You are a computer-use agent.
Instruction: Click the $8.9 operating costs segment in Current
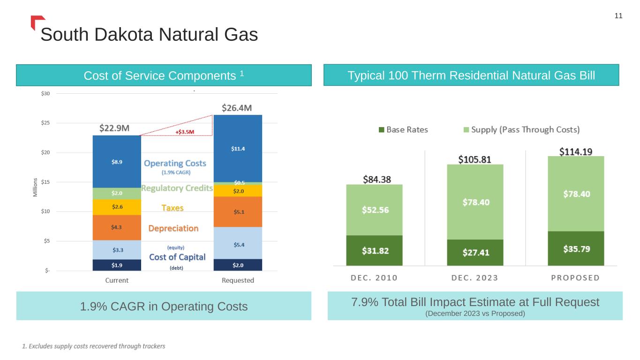click(x=117, y=161)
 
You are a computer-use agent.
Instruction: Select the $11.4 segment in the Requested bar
click(x=238, y=149)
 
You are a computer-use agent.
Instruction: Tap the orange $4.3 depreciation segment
click(x=117, y=227)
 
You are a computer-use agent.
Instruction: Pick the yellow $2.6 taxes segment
click(x=117, y=207)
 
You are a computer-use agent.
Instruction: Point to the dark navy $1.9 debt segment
click(x=117, y=265)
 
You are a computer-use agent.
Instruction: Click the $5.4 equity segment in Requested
click(x=238, y=244)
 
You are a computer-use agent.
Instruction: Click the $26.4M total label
click(x=237, y=108)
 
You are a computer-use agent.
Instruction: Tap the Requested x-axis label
click(x=238, y=280)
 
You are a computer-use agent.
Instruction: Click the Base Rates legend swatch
click(x=381, y=130)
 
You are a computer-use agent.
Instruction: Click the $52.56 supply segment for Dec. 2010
click(x=374, y=210)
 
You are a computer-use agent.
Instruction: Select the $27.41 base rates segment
click(x=475, y=253)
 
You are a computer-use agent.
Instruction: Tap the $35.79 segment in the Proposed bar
click(x=576, y=248)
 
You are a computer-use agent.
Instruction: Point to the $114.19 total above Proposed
click(x=576, y=151)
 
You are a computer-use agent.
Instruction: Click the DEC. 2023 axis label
click(x=474, y=277)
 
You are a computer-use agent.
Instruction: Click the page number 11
click(x=618, y=16)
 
